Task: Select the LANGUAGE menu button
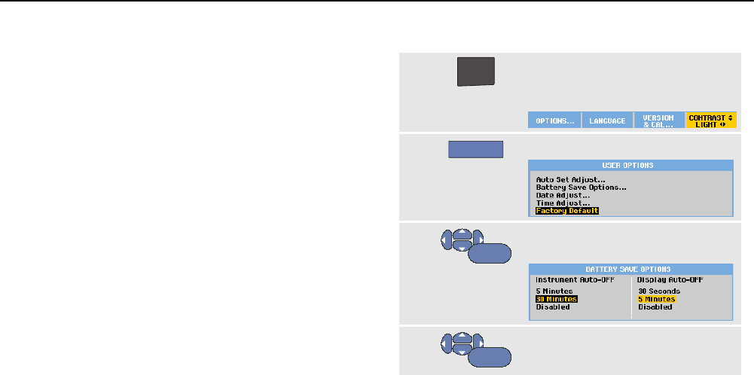click(607, 120)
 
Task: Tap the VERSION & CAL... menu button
click(658, 120)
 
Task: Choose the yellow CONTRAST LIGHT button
click(710, 120)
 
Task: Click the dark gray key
click(476, 73)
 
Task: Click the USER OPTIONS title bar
click(630, 165)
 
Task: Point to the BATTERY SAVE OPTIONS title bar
click(630, 269)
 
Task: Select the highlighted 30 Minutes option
click(556, 299)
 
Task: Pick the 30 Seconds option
click(659, 291)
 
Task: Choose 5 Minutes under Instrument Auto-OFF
click(554, 291)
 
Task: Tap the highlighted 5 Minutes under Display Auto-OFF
click(656, 299)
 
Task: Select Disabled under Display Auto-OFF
click(655, 307)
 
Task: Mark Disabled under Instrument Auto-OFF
click(552, 307)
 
